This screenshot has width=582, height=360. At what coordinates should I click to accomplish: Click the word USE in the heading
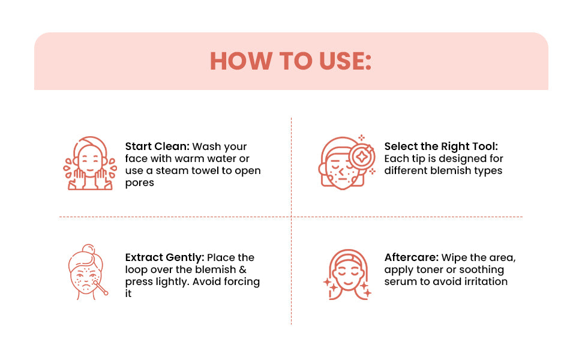[x=345, y=61]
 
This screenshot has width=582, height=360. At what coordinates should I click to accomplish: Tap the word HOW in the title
[x=241, y=61]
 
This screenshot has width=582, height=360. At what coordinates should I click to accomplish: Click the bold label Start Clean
[x=157, y=146]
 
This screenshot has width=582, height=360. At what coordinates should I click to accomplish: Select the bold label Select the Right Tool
[x=441, y=146]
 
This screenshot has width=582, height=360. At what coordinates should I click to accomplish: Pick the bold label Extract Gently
[x=165, y=257]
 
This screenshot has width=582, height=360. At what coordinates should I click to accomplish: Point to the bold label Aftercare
[x=412, y=257]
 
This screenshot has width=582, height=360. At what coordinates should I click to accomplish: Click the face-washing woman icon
[x=90, y=163]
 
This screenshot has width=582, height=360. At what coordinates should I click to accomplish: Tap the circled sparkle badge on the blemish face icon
[x=362, y=156]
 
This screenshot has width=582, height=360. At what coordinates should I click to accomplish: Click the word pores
[x=140, y=183]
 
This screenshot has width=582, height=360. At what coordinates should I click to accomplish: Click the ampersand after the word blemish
[x=243, y=269]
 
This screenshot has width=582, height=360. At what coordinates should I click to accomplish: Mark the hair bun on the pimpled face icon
[x=88, y=248]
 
